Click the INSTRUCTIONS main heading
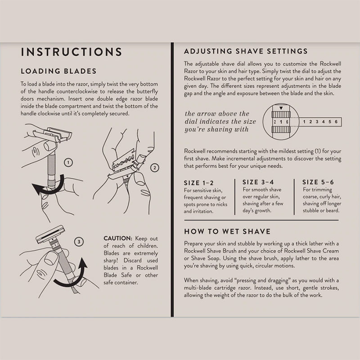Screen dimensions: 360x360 pyautogui.click(x=72, y=52)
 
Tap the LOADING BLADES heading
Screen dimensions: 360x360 pyautogui.click(x=58, y=71)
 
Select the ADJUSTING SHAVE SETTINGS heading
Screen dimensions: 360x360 pyautogui.click(x=246, y=51)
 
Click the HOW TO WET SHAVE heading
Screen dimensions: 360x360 pyautogui.click(x=227, y=231)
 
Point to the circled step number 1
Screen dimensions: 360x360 pyautogui.click(x=68, y=162)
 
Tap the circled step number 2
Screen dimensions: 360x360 pyautogui.click(x=154, y=168)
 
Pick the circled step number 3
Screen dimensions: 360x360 pyautogui.click(x=79, y=242)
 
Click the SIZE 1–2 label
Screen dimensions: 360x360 pyautogui.click(x=198, y=183)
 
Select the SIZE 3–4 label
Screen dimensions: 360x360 pyautogui.click(x=258, y=182)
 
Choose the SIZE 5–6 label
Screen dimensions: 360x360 pyautogui.click(x=318, y=182)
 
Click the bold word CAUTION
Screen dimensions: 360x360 pyautogui.click(x=118, y=238)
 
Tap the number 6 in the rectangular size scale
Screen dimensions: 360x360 pyautogui.click(x=336, y=121)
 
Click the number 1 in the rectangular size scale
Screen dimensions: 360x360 pyautogui.click(x=304, y=121)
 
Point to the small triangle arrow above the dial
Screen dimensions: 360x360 pyautogui.click(x=281, y=108)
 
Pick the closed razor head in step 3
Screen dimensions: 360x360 pyautogui.click(x=50, y=234)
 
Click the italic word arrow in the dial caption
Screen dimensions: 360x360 pyautogui.click(x=210, y=114)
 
